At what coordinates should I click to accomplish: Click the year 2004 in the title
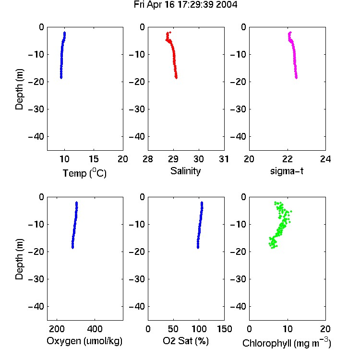tap(227, 5)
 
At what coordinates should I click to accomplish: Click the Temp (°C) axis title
tap(84, 173)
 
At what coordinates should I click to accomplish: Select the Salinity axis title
tap(185, 171)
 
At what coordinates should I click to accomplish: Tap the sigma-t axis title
tap(287, 171)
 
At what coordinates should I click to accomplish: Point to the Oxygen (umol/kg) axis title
tap(84, 341)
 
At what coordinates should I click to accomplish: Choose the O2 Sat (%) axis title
tap(186, 341)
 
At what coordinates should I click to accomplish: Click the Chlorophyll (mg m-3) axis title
tap(287, 343)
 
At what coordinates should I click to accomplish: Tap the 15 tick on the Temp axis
tap(94, 159)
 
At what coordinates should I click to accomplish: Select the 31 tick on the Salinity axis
tap(224, 159)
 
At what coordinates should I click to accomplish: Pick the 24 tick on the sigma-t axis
tap(325, 159)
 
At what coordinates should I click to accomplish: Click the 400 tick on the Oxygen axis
tap(95, 329)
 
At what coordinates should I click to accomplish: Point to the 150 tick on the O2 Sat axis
tap(225, 329)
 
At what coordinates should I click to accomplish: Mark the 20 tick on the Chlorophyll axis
tap(325, 329)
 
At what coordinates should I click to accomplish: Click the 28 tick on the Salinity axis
tap(148, 159)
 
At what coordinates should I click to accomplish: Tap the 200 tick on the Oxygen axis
tap(57, 329)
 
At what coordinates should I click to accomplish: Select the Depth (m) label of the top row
tap(19, 89)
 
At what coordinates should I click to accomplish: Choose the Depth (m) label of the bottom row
tap(19, 259)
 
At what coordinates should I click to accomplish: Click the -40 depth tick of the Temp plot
tap(36, 137)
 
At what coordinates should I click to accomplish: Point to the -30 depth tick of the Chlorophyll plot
tap(238, 279)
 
